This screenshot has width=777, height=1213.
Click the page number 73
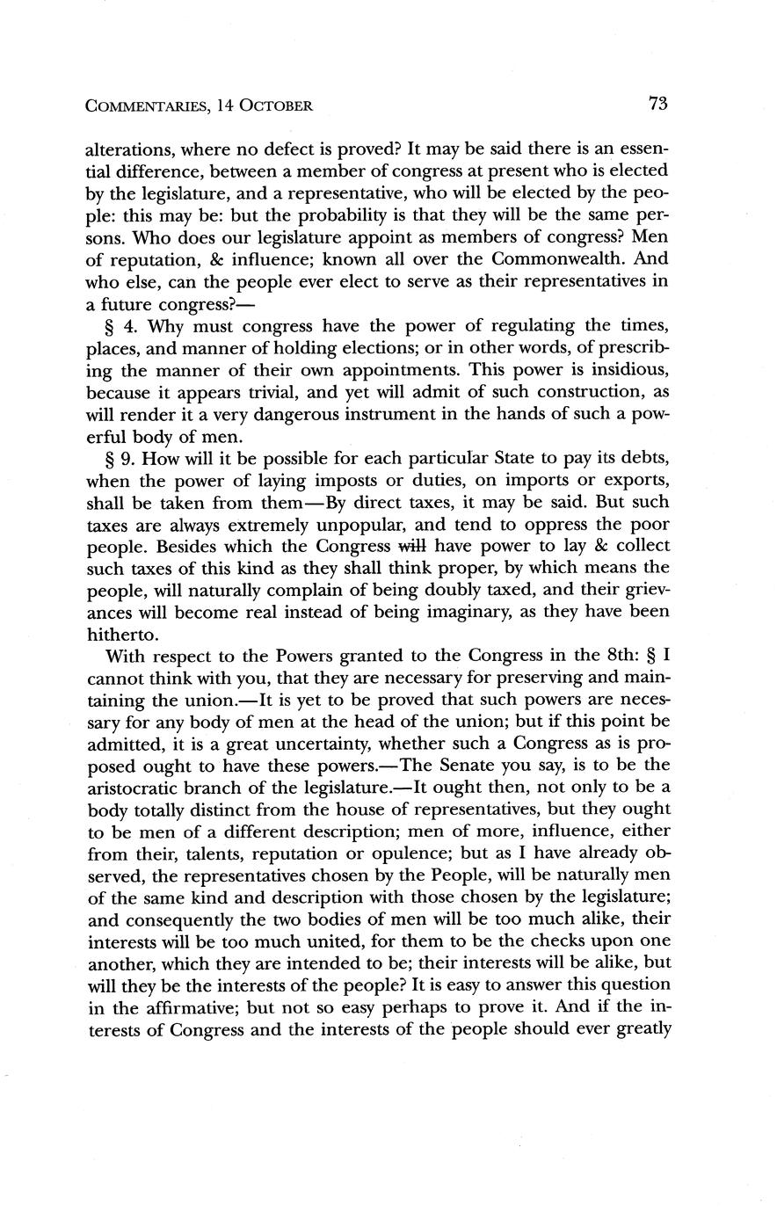(658, 104)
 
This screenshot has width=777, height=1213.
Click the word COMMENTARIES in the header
(146, 106)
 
